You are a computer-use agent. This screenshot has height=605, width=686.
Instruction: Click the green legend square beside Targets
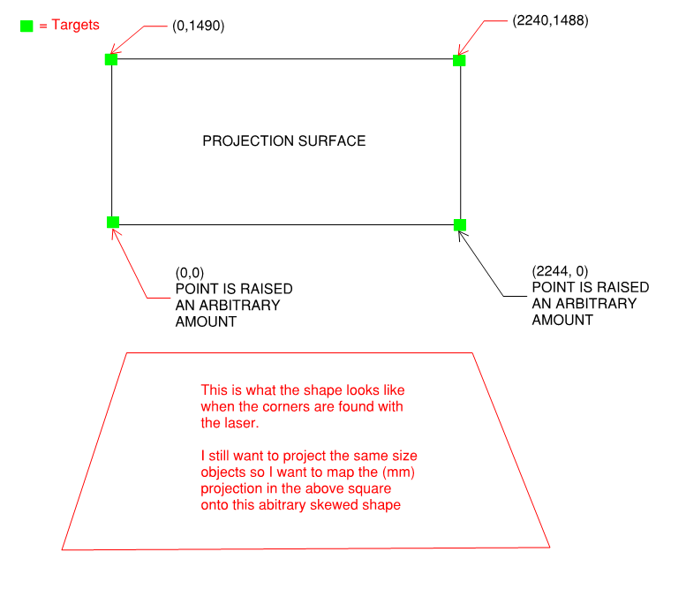(x=26, y=26)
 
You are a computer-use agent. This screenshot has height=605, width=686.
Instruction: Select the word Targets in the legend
(x=76, y=26)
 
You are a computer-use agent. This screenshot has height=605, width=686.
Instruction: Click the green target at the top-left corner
(x=111, y=59)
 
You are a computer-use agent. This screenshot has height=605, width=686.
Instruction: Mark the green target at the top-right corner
(x=458, y=60)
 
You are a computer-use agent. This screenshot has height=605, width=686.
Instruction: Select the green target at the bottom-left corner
(x=112, y=222)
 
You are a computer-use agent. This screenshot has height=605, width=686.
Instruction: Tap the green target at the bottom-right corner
(x=459, y=224)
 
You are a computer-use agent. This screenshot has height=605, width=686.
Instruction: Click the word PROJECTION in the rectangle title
(x=242, y=141)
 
